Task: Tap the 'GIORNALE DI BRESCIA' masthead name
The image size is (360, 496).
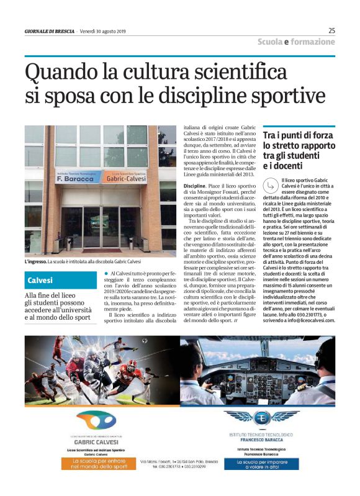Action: [x=51, y=31]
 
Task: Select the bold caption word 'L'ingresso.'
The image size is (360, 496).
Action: [x=39, y=261]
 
